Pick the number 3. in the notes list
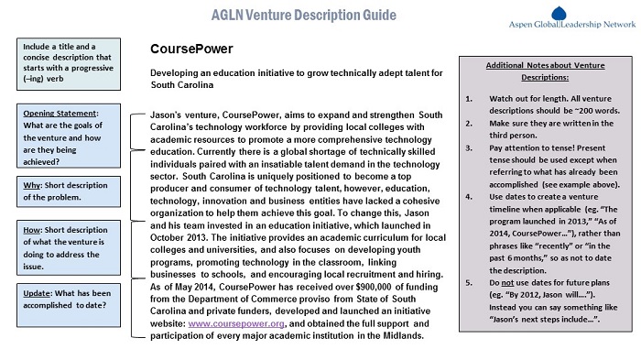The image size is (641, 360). tap(469, 146)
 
